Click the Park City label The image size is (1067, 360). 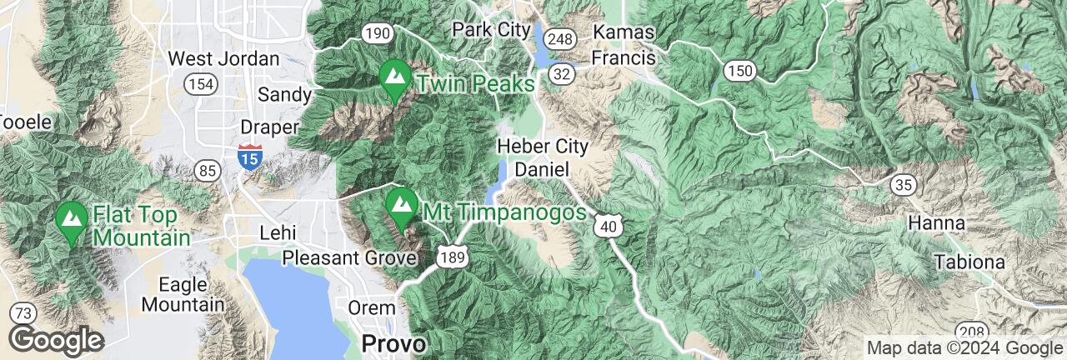point(491,30)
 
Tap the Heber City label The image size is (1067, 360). point(542,147)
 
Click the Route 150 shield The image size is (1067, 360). point(739,71)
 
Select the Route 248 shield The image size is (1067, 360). point(562,39)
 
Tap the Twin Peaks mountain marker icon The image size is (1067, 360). point(393,80)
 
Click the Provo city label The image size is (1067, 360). point(393,342)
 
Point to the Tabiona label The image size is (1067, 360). point(969,262)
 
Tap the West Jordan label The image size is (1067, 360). point(223,59)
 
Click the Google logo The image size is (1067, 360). point(56,341)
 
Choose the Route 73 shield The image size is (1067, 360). point(23,313)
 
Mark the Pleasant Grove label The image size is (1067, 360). point(349,257)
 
